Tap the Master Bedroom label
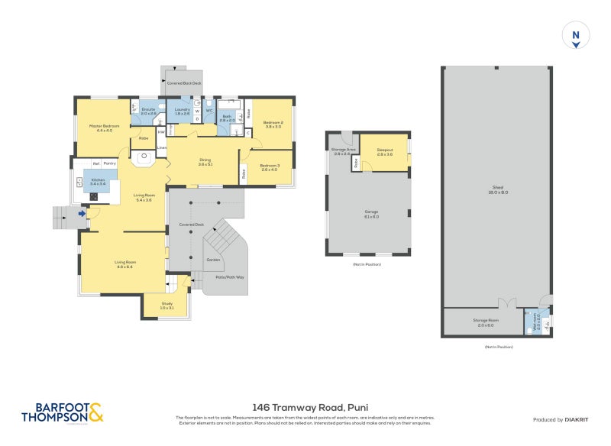pyautogui.click(x=100, y=128)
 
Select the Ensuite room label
pyautogui.click(x=148, y=112)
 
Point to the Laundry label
pyautogui.click(x=182, y=112)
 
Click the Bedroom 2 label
pyautogui.click(x=273, y=124)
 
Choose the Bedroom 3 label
pyautogui.click(x=269, y=167)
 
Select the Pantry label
pyautogui.click(x=110, y=163)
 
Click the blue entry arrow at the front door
pyautogui.click(x=82, y=214)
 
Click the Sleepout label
pyautogui.click(x=385, y=152)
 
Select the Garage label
pyautogui.click(x=371, y=215)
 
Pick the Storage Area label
pyautogui.click(x=341, y=151)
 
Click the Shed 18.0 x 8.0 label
pyautogui.click(x=497, y=191)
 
